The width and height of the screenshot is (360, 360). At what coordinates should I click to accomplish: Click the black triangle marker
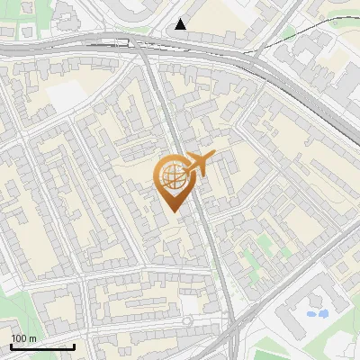point(181,24)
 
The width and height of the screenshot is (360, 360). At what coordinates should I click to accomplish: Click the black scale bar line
point(42,347)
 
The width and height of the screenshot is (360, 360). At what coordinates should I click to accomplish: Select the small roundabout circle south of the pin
point(187,320)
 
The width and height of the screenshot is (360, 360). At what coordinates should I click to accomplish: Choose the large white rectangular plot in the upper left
point(65,94)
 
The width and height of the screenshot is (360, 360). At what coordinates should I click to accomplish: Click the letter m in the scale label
point(32,338)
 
